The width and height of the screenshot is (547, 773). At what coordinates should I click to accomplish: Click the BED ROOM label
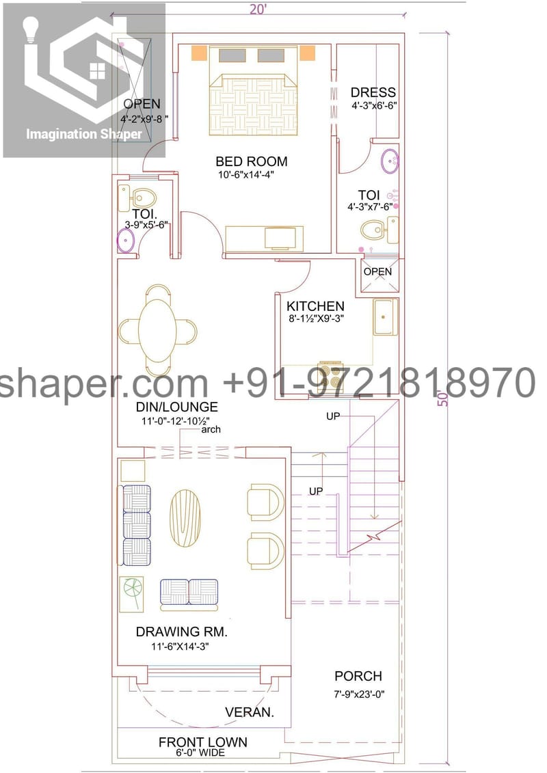(x=251, y=162)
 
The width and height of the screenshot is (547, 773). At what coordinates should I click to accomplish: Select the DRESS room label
(x=373, y=92)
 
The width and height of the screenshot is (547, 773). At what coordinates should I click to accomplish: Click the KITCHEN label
(x=315, y=306)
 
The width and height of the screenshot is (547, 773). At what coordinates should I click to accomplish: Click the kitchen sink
(x=385, y=318)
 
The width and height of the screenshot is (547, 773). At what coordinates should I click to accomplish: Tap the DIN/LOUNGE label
(x=176, y=407)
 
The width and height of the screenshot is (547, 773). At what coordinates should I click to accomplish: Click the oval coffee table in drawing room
(x=186, y=517)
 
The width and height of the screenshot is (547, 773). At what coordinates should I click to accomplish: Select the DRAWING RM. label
(x=181, y=632)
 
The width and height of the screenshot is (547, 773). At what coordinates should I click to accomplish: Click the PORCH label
(x=358, y=677)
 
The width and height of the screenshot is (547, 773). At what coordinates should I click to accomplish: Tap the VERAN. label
(x=250, y=713)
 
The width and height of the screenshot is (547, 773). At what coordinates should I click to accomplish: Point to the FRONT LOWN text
(x=203, y=742)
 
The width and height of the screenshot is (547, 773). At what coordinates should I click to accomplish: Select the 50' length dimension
(x=444, y=398)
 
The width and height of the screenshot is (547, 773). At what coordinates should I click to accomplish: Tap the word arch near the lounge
(x=211, y=429)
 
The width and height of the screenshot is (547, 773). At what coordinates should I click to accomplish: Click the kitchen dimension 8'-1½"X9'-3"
(x=315, y=318)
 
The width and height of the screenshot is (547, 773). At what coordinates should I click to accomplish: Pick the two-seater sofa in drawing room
(x=189, y=594)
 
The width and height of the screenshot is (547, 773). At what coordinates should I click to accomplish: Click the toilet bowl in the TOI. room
(x=143, y=198)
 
